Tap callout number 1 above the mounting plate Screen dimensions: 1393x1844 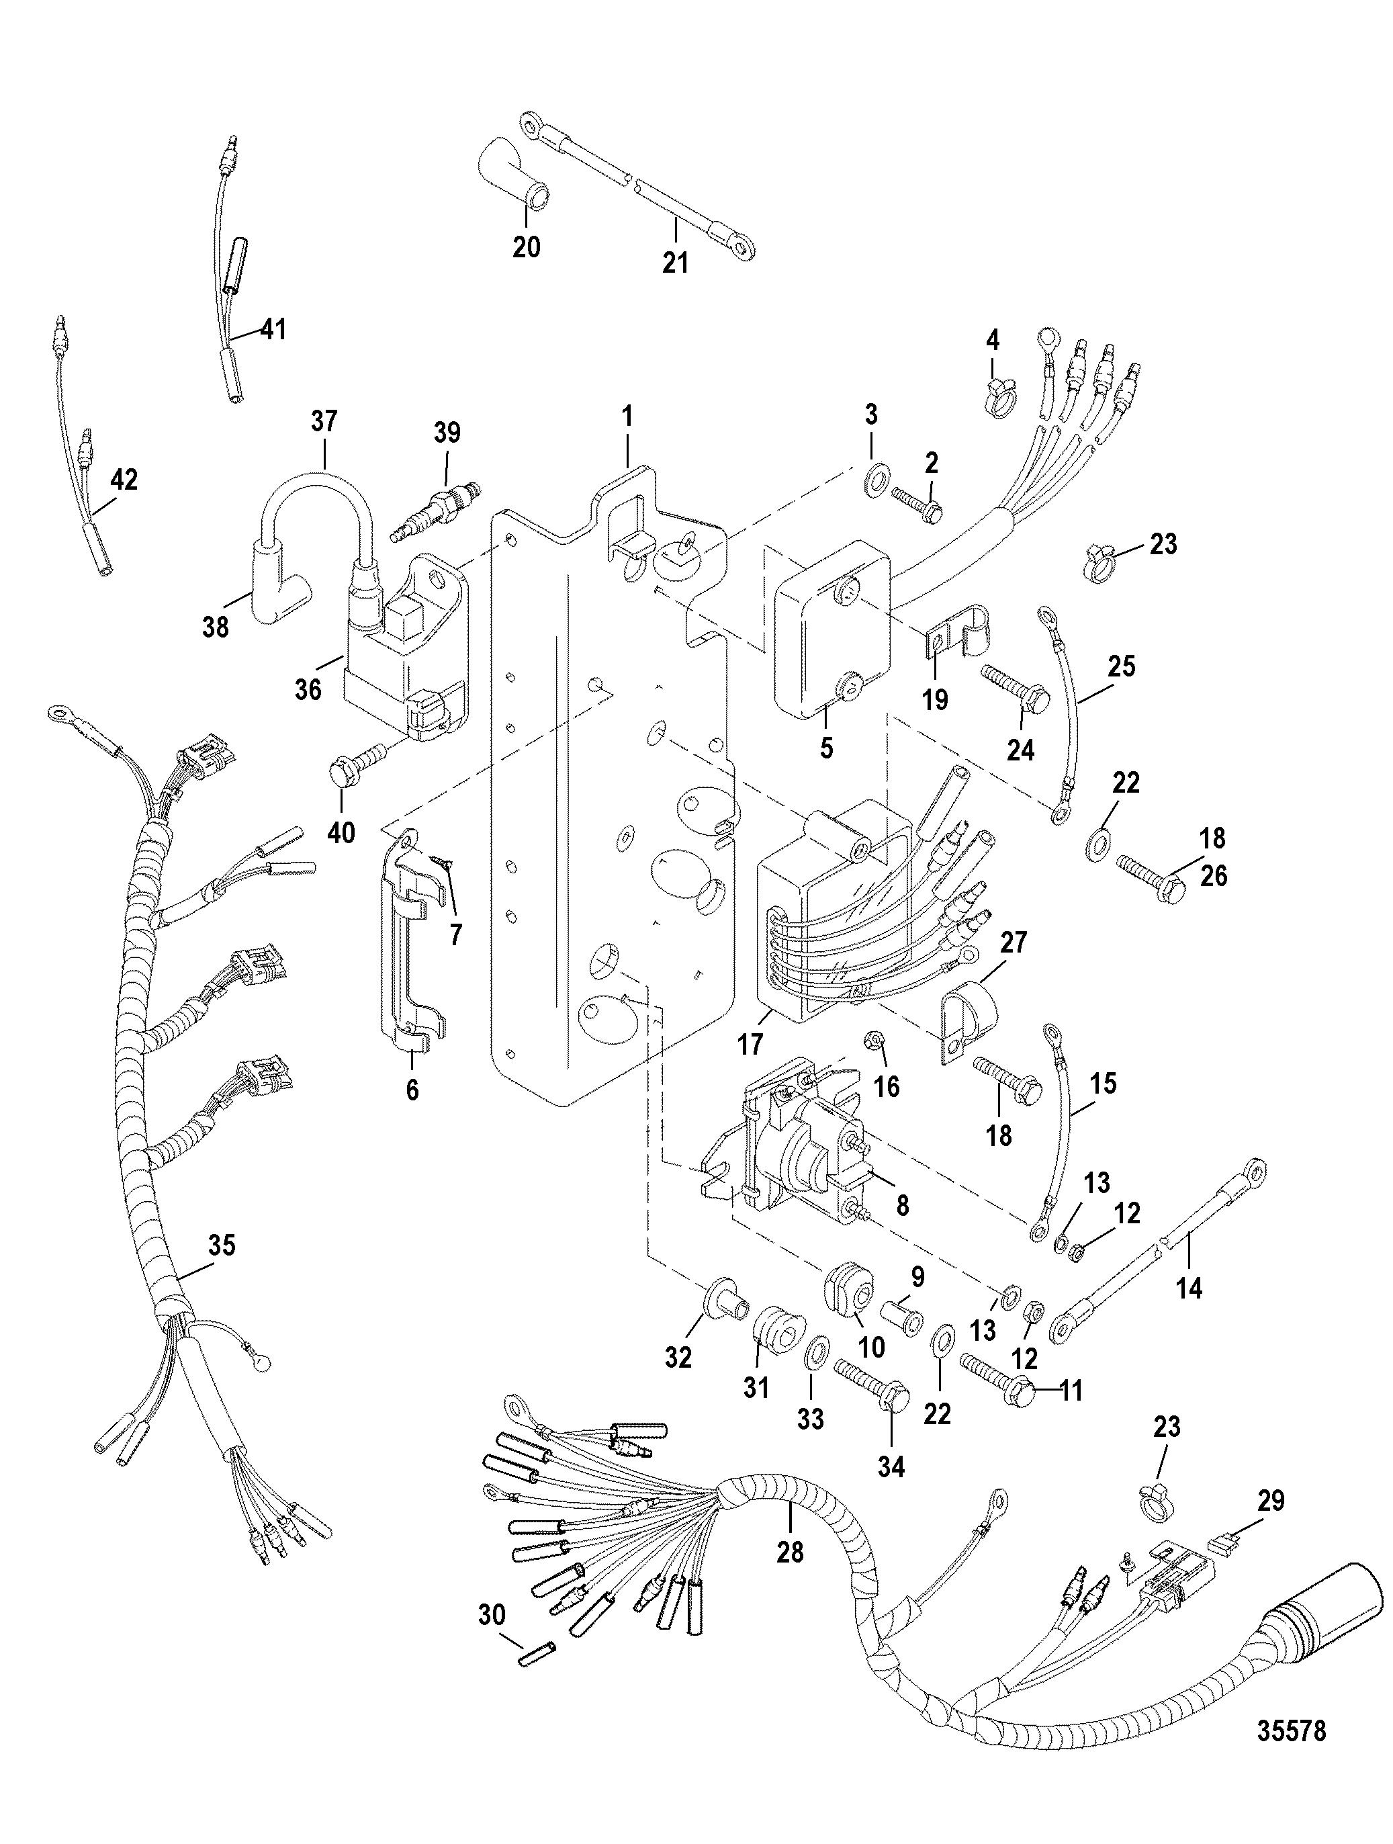(627, 416)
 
